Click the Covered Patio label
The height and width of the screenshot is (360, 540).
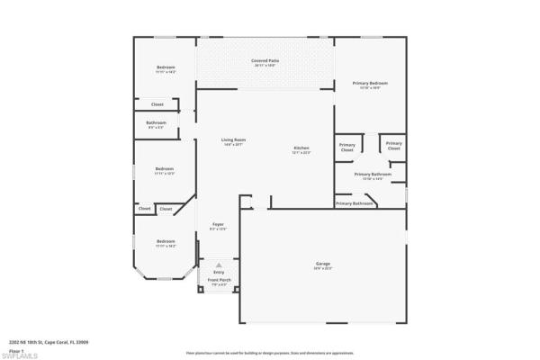pyautogui.click(x=265, y=60)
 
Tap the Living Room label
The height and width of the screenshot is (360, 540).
pyautogui.click(x=234, y=139)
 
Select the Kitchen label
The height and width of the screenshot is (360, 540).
pyautogui.click(x=301, y=148)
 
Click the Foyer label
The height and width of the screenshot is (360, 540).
pyautogui.click(x=218, y=223)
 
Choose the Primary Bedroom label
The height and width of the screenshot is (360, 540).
pyautogui.click(x=370, y=83)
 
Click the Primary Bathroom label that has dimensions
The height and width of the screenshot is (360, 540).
pyautogui.click(x=372, y=174)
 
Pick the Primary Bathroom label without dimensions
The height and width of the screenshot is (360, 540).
pyautogui.click(x=355, y=203)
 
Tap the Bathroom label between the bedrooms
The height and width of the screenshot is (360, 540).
pyautogui.click(x=156, y=122)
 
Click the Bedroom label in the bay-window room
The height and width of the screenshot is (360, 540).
pyautogui.click(x=165, y=240)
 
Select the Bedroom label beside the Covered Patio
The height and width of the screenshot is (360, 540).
pyautogui.click(x=166, y=67)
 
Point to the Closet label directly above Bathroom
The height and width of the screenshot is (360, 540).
pyautogui.click(x=157, y=104)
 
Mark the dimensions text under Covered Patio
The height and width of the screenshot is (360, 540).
pyautogui.click(x=265, y=66)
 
